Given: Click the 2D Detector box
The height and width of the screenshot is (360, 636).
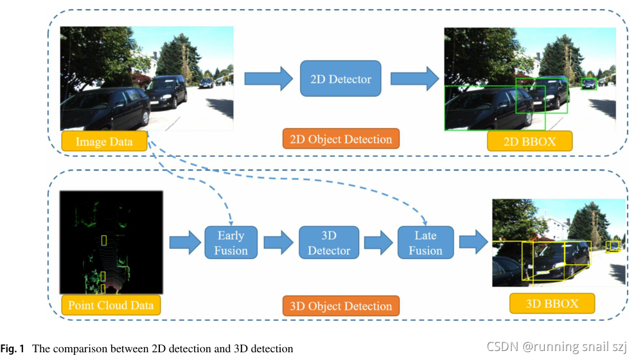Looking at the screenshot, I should pyautogui.click(x=340, y=79).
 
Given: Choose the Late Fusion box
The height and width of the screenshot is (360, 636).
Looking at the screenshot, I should pyautogui.click(x=425, y=242).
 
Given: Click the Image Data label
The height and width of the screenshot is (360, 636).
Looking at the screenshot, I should pyautogui.click(x=103, y=141).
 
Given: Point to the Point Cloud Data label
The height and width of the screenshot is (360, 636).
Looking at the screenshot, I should pyautogui.click(x=110, y=305).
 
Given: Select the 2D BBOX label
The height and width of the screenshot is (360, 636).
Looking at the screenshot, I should pyautogui.click(x=529, y=141).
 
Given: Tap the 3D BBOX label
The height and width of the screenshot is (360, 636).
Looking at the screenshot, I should pyautogui.click(x=552, y=303).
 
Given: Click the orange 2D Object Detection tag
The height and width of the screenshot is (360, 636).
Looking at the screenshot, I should pyautogui.click(x=340, y=139).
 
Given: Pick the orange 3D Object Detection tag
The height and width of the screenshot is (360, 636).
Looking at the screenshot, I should pyautogui.click(x=340, y=305).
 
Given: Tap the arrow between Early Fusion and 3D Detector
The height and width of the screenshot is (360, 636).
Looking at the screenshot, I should pyautogui.click(x=278, y=242).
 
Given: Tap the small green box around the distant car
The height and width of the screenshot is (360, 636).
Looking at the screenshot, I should pyautogui.click(x=588, y=84).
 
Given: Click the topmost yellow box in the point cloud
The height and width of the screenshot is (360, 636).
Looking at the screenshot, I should pyautogui.click(x=104, y=240).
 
